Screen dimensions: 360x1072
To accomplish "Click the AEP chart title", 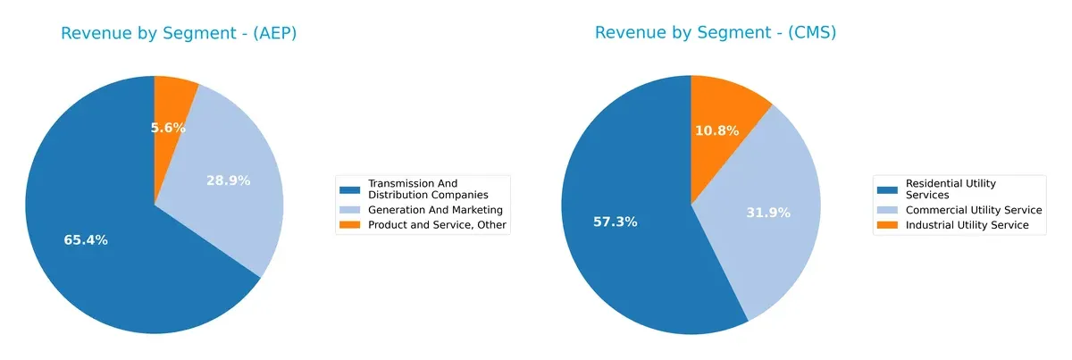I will pos(179,33).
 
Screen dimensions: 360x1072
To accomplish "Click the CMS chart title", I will pos(715,33).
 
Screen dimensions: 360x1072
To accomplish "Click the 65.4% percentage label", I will pos(86,240).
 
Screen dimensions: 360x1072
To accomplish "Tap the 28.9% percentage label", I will pos(228,180).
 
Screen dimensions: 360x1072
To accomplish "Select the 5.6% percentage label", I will pos(168,128).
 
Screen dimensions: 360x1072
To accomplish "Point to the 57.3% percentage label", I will pos(615,222).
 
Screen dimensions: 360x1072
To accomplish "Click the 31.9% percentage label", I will pos(768,213).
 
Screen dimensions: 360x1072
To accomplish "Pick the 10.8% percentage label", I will pos(716,131).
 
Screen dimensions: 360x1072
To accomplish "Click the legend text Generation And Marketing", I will pos(435,210).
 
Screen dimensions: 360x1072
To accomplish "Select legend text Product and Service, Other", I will pos(436,225).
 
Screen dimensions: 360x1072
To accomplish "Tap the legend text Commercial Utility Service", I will pos(974,210).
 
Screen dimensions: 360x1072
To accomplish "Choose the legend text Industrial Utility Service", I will pos(967,225).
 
